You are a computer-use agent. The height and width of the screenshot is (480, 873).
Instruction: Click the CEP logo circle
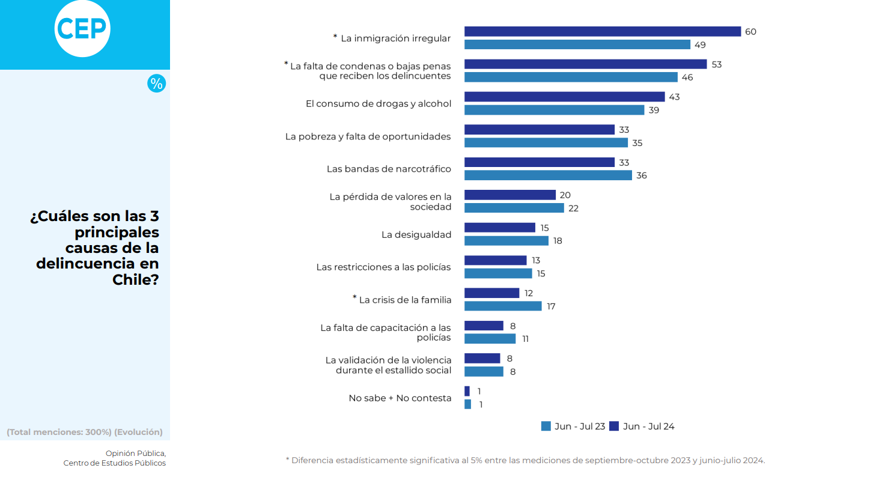(82, 28)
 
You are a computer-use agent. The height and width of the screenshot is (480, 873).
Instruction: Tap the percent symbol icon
(156, 84)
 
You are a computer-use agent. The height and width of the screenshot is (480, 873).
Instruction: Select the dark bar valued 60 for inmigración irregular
(602, 32)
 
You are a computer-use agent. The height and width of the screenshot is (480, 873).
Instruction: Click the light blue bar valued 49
(577, 44)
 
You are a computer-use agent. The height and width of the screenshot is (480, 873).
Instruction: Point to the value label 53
(716, 64)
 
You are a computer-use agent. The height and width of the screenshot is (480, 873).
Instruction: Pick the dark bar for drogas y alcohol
(564, 97)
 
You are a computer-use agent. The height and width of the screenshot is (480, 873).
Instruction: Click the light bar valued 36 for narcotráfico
(548, 175)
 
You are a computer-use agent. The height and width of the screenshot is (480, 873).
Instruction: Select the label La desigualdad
(416, 234)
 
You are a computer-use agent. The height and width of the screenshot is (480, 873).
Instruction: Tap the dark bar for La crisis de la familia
(491, 293)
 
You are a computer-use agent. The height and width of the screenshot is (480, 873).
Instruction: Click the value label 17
(551, 306)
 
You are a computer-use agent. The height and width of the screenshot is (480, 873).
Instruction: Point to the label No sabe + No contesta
(400, 398)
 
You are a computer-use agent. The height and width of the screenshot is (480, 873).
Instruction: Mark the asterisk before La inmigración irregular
(335, 37)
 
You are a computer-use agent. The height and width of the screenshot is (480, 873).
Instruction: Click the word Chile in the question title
(135, 279)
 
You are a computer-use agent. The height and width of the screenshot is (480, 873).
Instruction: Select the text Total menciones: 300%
(59, 432)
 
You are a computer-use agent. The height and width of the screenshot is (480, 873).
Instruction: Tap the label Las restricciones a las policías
(383, 267)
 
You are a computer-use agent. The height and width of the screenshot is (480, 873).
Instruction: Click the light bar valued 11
(490, 339)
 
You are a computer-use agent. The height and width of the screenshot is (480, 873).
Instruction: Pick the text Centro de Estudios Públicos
(114, 463)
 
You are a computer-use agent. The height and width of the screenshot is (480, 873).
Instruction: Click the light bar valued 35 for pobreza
(546, 143)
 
